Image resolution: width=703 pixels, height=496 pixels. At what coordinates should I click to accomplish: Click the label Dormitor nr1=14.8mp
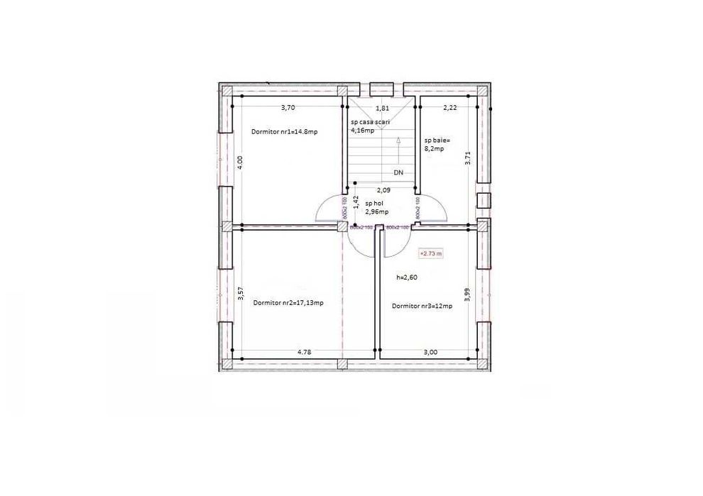(x=284, y=132)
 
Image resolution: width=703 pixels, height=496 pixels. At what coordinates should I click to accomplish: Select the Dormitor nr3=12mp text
(x=423, y=306)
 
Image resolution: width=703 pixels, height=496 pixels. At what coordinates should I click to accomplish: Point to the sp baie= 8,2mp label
(x=434, y=145)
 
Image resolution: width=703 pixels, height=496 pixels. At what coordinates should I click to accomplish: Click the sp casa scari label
(x=371, y=122)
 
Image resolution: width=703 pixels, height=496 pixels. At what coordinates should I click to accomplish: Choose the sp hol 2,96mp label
(x=376, y=207)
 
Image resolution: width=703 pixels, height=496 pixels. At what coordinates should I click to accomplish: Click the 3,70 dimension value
(x=288, y=108)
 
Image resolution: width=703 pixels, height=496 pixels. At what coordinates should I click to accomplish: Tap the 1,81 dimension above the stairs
(x=381, y=109)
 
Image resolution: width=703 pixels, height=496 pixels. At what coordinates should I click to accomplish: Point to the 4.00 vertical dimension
(x=240, y=162)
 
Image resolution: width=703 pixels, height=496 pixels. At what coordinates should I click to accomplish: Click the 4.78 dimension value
(x=304, y=351)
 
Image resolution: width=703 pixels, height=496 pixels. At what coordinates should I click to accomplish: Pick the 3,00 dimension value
(x=430, y=351)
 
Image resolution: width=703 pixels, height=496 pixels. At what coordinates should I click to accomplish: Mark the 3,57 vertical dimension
(x=240, y=294)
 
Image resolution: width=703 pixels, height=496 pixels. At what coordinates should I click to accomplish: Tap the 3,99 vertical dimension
(x=467, y=294)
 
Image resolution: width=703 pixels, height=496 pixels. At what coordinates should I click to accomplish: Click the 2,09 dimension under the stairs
(x=383, y=190)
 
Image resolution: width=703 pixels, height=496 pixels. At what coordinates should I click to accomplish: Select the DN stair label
(x=398, y=172)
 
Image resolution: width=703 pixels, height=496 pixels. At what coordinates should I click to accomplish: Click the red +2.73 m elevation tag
(x=431, y=253)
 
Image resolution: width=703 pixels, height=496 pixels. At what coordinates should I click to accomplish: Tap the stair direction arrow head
(x=398, y=140)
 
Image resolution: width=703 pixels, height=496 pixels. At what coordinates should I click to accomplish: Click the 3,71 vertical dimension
(x=467, y=158)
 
